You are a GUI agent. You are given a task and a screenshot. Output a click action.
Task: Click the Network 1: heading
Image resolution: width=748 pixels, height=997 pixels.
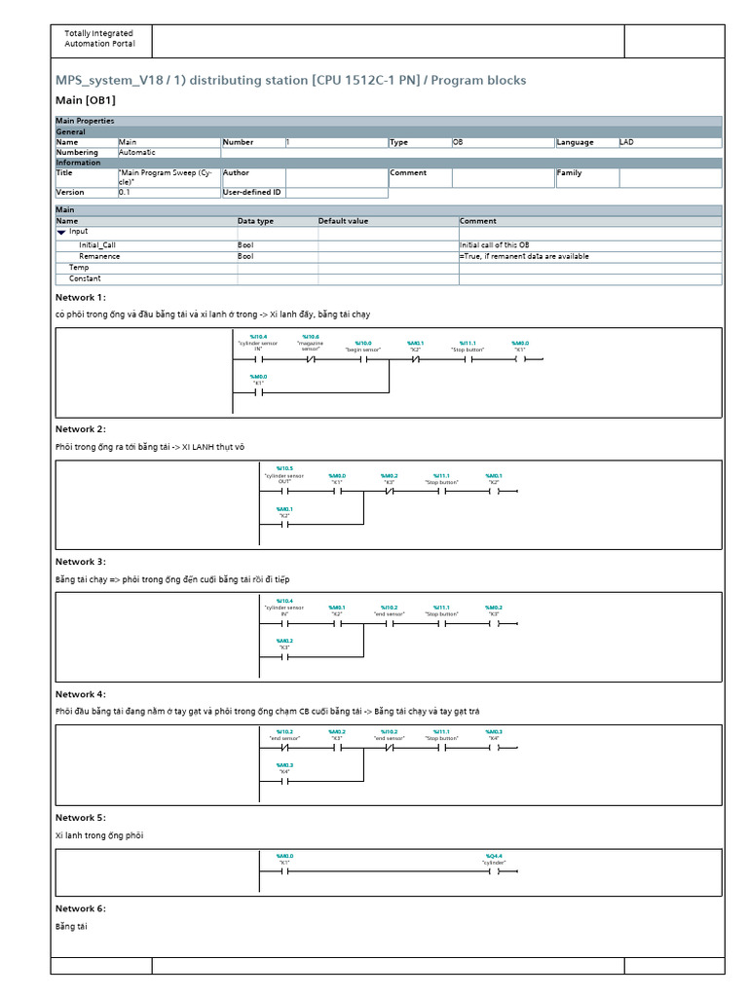tap(80, 297)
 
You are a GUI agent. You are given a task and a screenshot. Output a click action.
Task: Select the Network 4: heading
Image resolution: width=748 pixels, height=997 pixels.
tap(80, 694)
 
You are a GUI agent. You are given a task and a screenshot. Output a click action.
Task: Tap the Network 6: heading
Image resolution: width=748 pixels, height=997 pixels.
tap(80, 908)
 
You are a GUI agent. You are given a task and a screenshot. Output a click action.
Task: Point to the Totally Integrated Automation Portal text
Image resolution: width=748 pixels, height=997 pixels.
tap(99, 39)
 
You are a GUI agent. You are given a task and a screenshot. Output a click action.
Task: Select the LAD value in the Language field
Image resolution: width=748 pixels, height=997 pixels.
tap(626, 142)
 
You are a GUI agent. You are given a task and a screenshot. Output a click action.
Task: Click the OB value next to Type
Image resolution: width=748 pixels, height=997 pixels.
tap(458, 142)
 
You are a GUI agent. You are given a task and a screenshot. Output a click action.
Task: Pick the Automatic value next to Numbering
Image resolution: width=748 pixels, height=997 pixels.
tap(137, 152)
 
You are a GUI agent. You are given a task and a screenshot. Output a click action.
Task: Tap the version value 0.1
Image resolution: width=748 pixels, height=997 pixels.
tap(125, 192)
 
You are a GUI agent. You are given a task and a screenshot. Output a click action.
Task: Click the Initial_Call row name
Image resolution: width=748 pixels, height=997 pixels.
tap(97, 245)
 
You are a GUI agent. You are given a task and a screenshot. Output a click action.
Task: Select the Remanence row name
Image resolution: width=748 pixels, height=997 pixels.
tap(99, 256)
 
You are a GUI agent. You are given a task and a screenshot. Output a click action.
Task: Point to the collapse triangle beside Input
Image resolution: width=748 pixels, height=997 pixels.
tap(61, 232)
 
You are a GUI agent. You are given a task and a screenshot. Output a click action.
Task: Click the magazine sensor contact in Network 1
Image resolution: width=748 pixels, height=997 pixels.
tap(311, 359)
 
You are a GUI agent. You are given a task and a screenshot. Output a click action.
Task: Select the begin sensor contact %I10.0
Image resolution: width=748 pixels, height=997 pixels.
tap(362, 359)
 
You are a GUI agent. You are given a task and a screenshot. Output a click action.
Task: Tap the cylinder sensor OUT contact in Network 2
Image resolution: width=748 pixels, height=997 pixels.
tap(284, 492)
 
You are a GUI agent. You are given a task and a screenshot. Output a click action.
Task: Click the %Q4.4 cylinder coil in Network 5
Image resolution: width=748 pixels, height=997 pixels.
tap(494, 872)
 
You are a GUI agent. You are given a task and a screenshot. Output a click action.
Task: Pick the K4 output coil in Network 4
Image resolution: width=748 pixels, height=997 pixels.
tap(494, 749)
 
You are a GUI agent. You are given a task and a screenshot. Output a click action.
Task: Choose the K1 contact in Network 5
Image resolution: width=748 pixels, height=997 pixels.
tap(284, 872)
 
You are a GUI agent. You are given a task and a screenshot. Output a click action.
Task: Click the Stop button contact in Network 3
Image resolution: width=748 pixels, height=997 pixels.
tap(441, 624)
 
